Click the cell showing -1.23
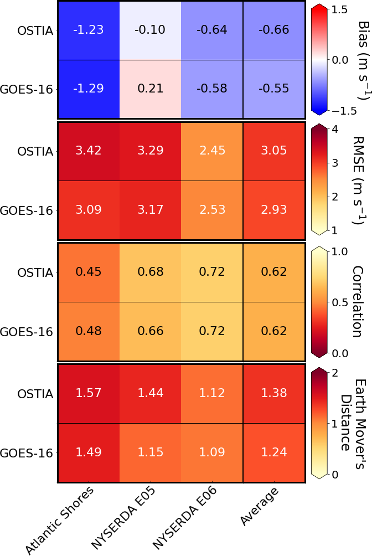(89, 30)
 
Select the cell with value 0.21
(151, 89)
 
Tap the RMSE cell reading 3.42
(89, 151)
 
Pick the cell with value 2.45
(212, 151)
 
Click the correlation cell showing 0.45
(89, 272)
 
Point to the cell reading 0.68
(151, 272)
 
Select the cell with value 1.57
(89, 393)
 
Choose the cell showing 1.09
(212, 452)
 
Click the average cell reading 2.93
(273, 210)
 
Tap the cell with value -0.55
(273, 89)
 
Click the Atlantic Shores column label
(60, 518)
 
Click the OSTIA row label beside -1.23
(35, 30)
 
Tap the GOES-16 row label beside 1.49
(27, 452)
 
